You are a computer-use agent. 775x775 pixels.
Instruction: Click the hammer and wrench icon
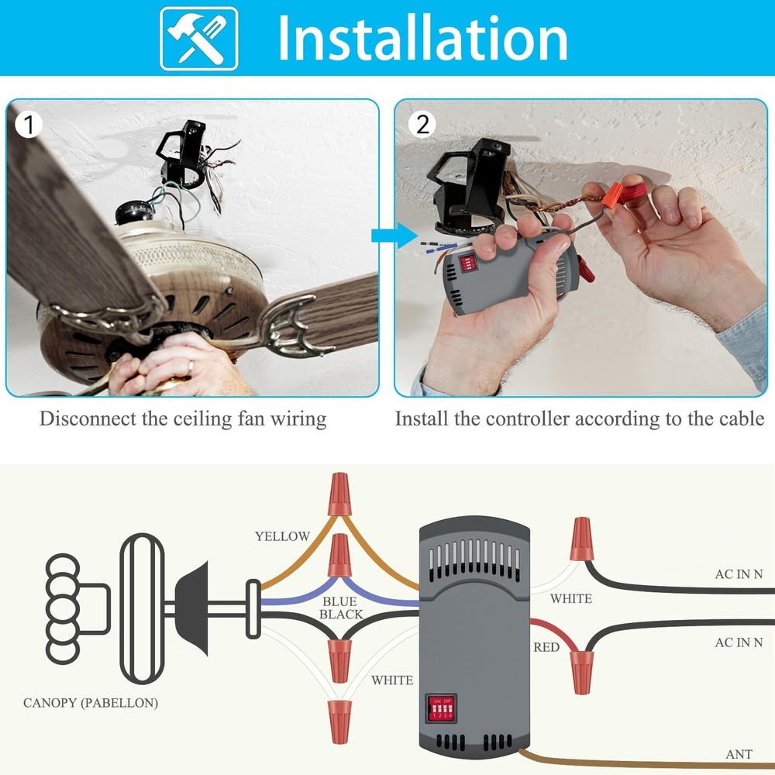point(198,39)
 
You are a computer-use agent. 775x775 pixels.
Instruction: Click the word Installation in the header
point(422,38)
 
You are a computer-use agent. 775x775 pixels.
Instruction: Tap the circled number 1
point(29,124)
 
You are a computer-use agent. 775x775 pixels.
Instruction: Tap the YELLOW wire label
point(282,536)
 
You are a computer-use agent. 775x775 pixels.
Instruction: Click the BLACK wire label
point(341,615)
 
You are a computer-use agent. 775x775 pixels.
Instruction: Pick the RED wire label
point(546,646)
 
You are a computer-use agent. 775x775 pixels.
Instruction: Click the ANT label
point(739,754)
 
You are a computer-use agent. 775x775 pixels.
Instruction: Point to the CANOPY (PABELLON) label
point(91,703)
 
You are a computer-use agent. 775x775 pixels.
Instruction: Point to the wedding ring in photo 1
point(191,365)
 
